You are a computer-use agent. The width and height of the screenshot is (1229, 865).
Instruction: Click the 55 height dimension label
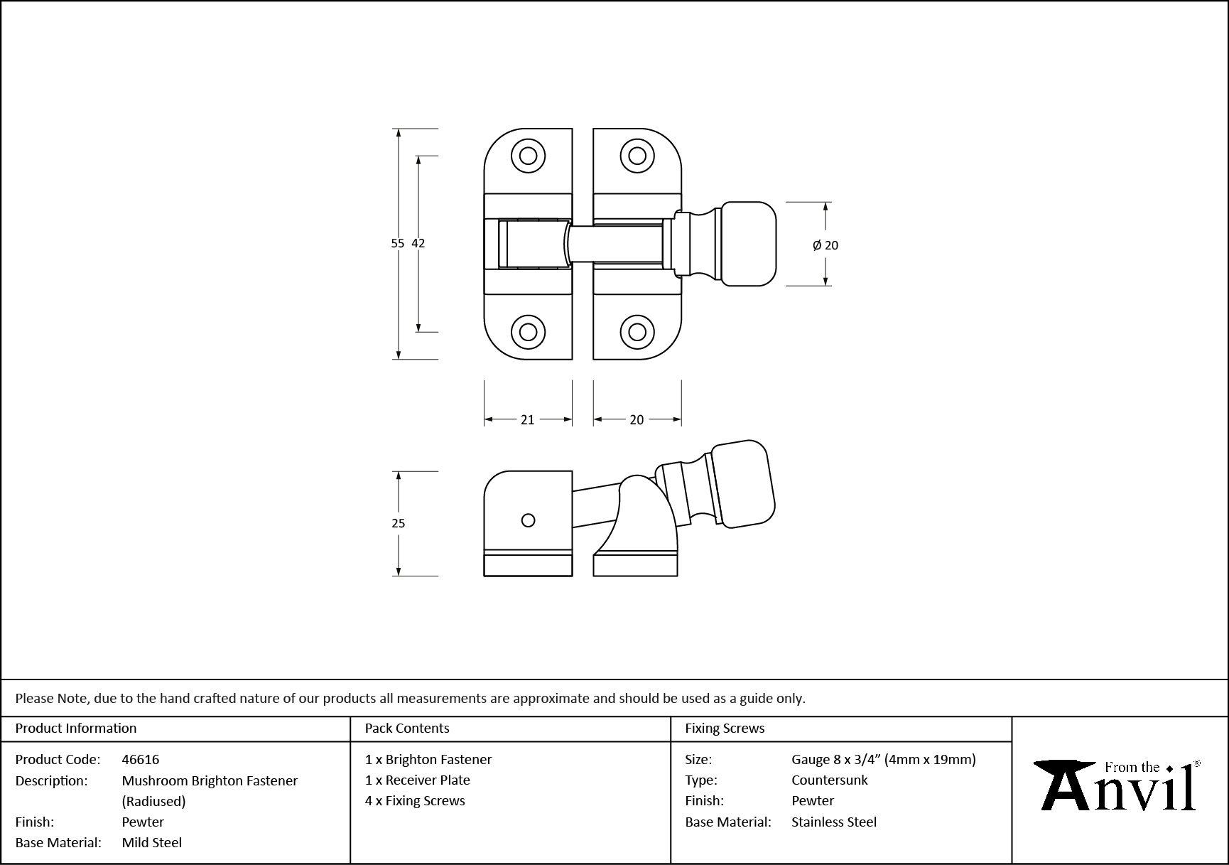coord(397,243)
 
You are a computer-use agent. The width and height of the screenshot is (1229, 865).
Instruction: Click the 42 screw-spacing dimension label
coord(418,243)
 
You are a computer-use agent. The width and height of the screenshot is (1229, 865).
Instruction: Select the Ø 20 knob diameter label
coord(825,245)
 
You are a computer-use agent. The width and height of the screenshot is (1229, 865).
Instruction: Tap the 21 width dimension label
coord(527,420)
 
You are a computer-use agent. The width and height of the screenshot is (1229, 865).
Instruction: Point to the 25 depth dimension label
coord(398,523)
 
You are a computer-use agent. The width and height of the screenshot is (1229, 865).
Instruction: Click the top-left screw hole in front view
coord(528,156)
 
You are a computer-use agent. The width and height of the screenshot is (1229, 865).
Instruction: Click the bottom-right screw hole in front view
coord(637,332)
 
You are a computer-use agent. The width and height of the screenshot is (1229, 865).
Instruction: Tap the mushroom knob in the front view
coord(749,244)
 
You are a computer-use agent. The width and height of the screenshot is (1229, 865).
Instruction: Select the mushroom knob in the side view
coord(743,483)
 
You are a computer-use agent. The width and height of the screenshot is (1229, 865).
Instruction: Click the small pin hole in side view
coord(528,520)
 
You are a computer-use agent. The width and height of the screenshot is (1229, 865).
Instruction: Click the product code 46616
coord(141,759)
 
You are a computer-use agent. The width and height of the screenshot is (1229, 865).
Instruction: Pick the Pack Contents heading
coord(407,729)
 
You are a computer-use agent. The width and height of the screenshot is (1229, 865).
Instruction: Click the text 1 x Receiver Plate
coord(418,780)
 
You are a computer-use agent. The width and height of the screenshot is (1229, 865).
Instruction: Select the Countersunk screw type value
coord(829,780)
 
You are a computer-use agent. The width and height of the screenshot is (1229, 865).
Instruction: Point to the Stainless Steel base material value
coord(833,822)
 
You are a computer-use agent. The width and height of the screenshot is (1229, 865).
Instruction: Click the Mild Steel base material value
coord(151,842)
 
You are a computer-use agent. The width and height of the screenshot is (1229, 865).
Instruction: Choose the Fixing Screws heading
coord(725,729)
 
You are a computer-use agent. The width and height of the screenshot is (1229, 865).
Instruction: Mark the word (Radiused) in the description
coord(153,801)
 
